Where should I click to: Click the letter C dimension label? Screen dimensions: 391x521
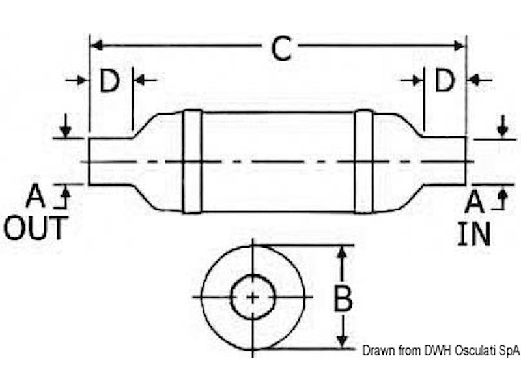pos(281,48)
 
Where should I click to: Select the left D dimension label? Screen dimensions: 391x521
pos(109,81)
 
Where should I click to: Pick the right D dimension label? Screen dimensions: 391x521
pos(445,81)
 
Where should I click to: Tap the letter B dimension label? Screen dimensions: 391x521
pos(343,300)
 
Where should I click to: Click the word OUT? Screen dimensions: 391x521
pos(36,229)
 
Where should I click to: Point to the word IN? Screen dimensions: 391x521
pos(473,234)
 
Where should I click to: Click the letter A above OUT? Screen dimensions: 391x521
pos(35,196)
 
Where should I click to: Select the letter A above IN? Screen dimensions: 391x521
pos(474,202)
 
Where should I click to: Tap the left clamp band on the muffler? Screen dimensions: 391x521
pos(192,162)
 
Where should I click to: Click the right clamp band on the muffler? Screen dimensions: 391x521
pos(363,162)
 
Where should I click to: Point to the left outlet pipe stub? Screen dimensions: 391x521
pos(109,161)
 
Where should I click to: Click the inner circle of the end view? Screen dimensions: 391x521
pos(253,297)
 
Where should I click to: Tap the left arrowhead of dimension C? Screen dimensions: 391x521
pos(95,45)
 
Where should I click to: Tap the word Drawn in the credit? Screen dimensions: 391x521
pos(378,351)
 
